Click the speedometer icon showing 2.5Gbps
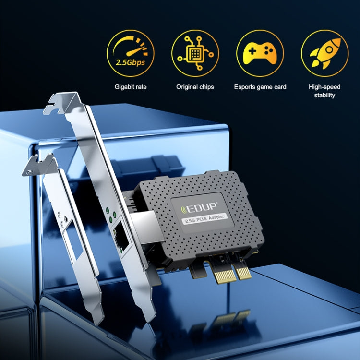(x=130, y=53)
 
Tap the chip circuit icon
(x=195, y=53)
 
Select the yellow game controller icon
(x=260, y=53)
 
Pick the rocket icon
(x=324, y=53)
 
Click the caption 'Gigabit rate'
(x=131, y=87)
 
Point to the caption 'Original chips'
(x=195, y=87)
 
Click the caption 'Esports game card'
(x=260, y=87)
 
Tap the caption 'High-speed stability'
(x=325, y=91)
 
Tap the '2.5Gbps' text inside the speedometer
(x=130, y=62)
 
